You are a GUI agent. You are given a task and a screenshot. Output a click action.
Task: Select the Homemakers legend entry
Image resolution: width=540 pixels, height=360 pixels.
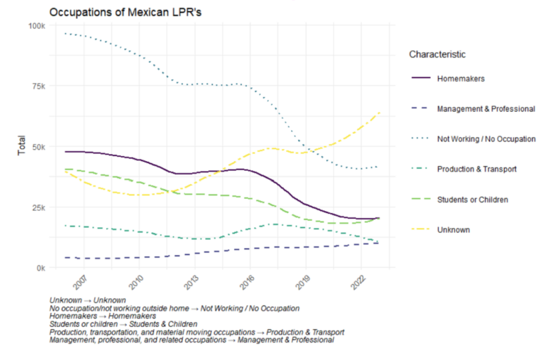point(461,78)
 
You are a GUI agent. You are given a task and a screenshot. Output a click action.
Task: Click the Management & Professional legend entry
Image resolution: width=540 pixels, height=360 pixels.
point(486,109)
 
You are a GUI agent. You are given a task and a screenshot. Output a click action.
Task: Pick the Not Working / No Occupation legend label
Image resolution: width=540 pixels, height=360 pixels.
point(486,139)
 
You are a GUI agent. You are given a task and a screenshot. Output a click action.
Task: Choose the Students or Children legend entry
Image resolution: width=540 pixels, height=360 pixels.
point(472,200)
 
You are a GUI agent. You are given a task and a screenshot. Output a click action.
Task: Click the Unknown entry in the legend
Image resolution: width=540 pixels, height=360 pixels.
point(453,230)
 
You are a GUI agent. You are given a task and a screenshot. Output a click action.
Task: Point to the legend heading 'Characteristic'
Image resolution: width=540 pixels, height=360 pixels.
point(437,54)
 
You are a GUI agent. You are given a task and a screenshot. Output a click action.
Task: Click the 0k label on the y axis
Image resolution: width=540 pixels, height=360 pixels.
point(40,268)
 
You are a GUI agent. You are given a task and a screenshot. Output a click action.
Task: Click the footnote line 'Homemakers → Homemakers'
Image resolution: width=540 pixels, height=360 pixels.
point(102,316)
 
